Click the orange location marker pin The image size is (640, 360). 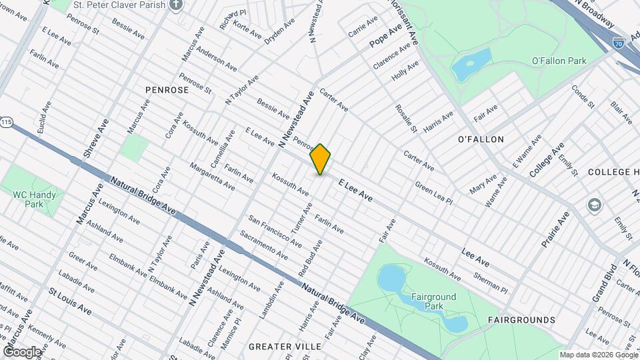pyautogui.click(x=321, y=159)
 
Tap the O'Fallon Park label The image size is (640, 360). pyautogui.click(x=559, y=61)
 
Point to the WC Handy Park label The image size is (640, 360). pyautogui.click(x=38, y=199)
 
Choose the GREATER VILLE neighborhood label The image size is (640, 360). pyautogui.click(x=285, y=347)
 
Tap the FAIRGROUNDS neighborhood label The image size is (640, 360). pyautogui.click(x=521, y=320)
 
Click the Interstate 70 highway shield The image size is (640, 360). pyautogui.click(x=618, y=42)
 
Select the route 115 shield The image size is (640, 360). pyautogui.click(x=7, y=123)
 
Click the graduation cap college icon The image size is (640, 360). pyautogui.click(x=594, y=204)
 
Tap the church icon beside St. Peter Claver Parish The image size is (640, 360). pyautogui.click(x=175, y=5)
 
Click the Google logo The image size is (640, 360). pyautogui.click(x=23, y=351)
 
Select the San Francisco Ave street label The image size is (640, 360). pyautogui.click(x=271, y=228)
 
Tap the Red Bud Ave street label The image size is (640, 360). pyautogui.click(x=310, y=257)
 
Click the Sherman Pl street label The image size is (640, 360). pyautogui.click(x=493, y=285)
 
